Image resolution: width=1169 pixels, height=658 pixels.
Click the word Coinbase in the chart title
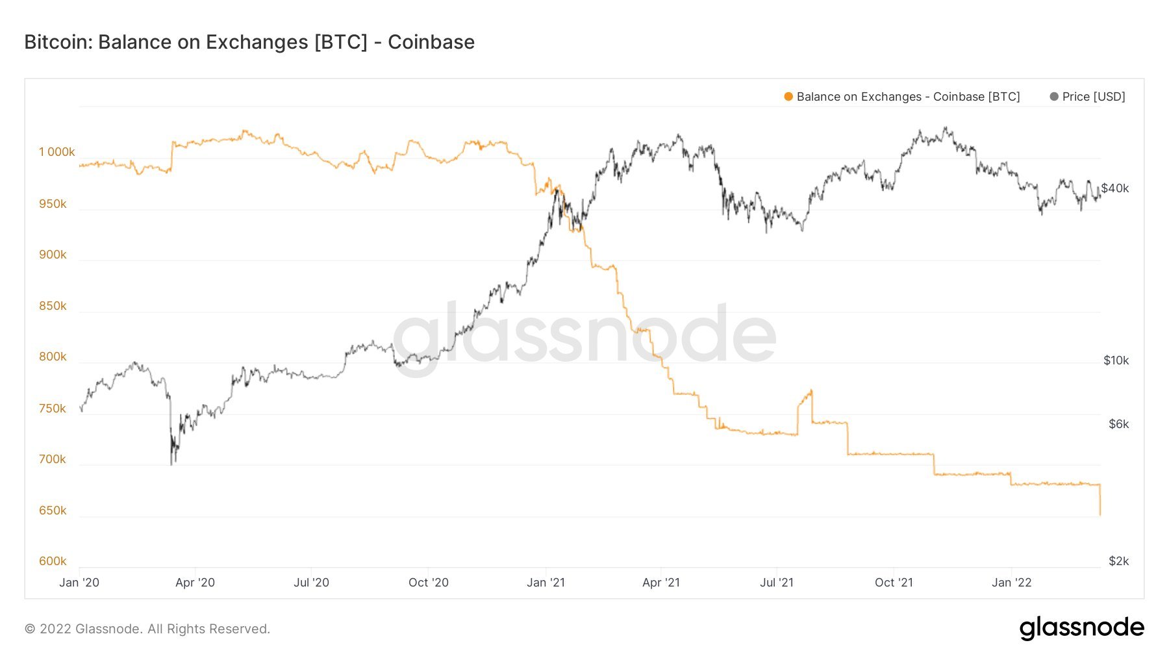(431, 42)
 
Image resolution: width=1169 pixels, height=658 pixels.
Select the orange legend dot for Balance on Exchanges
(788, 97)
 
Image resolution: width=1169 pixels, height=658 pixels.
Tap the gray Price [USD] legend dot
(1054, 97)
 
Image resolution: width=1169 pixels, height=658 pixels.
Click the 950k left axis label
(53, 204)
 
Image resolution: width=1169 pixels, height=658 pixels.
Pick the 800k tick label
(53, 357)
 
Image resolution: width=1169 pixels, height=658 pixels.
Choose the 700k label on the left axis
(53, 459)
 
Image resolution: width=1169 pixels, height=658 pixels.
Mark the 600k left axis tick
(53, 561)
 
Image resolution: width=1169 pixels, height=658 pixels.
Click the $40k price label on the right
(1115, 188)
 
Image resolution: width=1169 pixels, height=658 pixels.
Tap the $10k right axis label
(1116, 361)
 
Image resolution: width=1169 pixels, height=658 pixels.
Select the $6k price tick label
(1118, 424)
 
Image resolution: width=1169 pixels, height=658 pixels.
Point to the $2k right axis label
(1118, 561)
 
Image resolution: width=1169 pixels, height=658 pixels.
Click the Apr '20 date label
(195, 583)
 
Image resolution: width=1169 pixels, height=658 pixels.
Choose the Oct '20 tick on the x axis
(429, 583)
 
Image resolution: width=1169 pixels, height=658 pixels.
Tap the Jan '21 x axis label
(546, 583)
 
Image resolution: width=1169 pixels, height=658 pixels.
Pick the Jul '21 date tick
(777, 583)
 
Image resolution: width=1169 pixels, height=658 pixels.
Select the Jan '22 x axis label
(1011, 583)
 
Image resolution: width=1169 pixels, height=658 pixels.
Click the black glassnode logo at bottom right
(1081, 628)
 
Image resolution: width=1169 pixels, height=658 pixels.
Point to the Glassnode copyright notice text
(147, 629)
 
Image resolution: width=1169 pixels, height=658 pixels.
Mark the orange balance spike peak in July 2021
(811, 390)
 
